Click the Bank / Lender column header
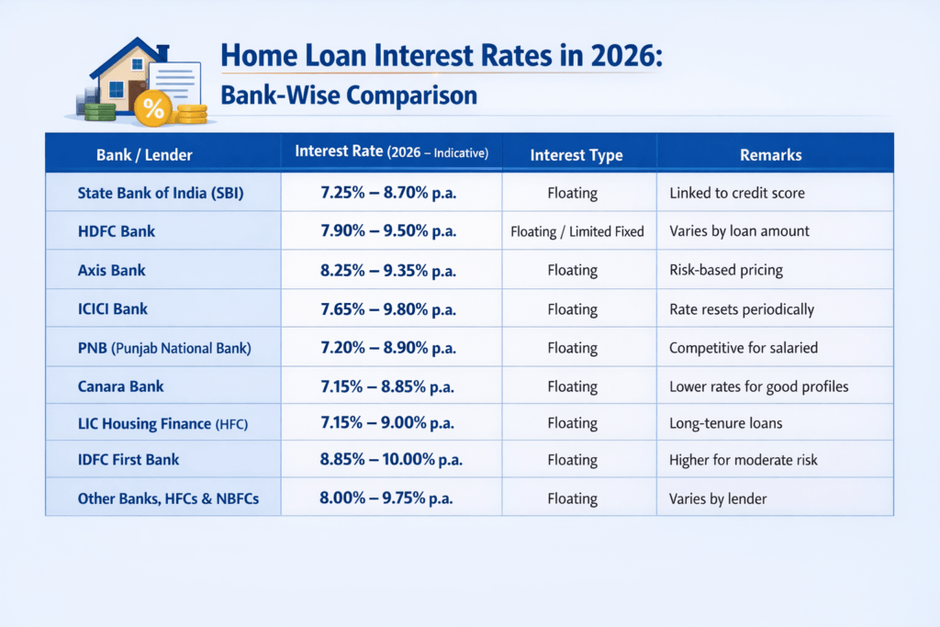144,154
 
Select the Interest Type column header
576,155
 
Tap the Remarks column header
770,154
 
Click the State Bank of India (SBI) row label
161,193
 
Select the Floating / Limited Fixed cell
577,231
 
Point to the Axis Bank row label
112,270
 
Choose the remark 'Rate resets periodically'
741,308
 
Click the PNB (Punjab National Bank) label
164,347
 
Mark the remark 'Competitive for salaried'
742,347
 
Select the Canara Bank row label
121,386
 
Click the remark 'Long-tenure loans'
724,423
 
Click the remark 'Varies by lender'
718,499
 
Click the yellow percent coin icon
153,109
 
